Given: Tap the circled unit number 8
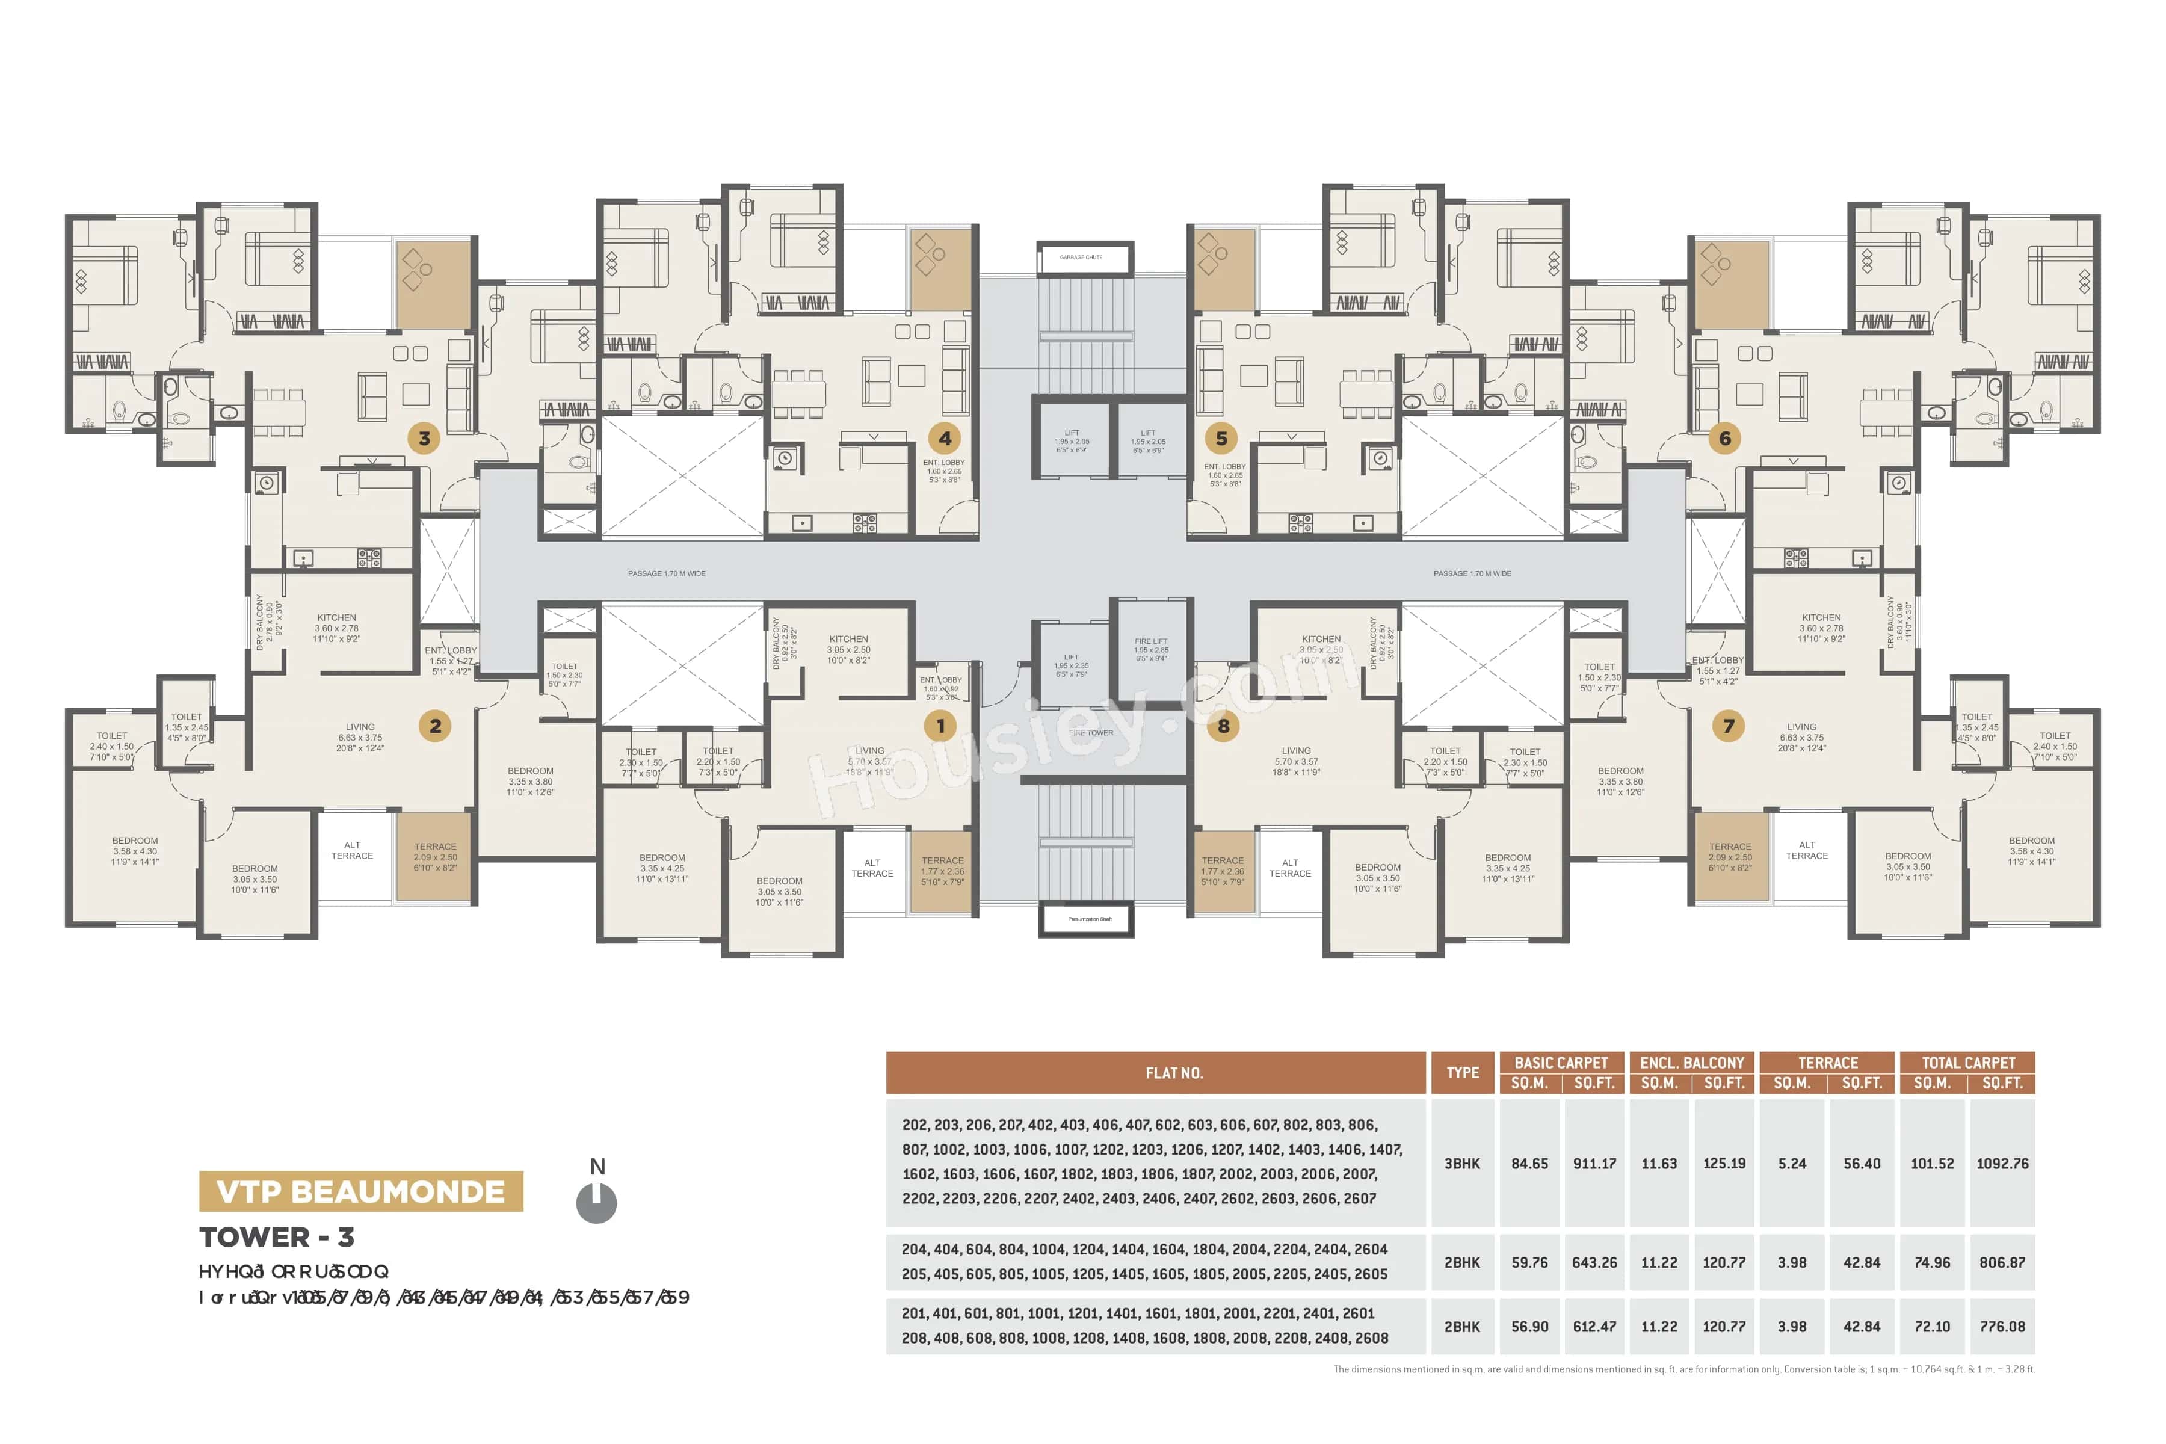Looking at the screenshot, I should [x=1223, y=726].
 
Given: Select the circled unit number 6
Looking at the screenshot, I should [x=1725, y=439].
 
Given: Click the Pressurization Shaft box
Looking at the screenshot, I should [x=1086, y=919].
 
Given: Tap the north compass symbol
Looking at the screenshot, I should [x=597, y=1201].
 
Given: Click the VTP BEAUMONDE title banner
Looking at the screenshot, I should [x=361, y=1192].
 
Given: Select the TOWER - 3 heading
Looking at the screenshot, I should [x=276, y=1237].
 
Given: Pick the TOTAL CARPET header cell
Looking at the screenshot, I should [x=1968, y=1063].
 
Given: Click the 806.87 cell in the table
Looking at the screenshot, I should [x=2002, y=1262].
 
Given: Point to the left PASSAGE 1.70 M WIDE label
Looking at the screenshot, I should [x=667, y=574].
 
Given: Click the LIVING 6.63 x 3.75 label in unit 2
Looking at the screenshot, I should [x=360, y=736].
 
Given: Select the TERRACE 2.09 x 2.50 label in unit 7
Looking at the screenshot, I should [x=1730, y=856].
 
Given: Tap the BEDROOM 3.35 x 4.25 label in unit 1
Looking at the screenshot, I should [x=662, y=868].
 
